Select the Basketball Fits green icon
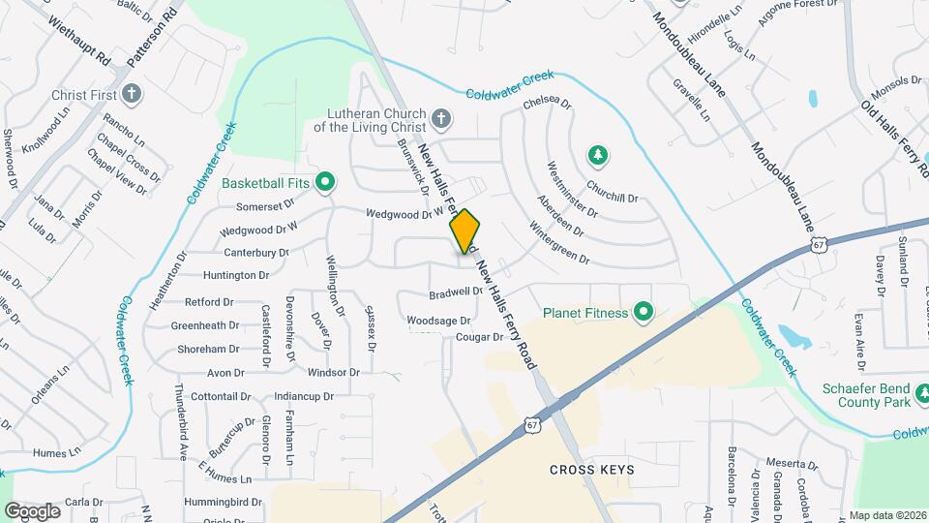pyautogui.click(x=326, y=181)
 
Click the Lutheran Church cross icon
pyautogui.click(x=441, y=118)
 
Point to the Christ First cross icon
pyautogui.click(x=133, y=95)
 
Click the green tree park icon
pyautogui.click(x=599, y=154)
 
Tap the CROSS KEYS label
pyautogui.click(x=592, y=470)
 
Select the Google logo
pyautogui.click(x=32, y=510)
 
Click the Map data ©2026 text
pyautogui.click(x=885, y=515)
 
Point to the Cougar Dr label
pyautogui.click(x=480, y=338)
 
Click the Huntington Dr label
pyautogui.click(x=236, y=276)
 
